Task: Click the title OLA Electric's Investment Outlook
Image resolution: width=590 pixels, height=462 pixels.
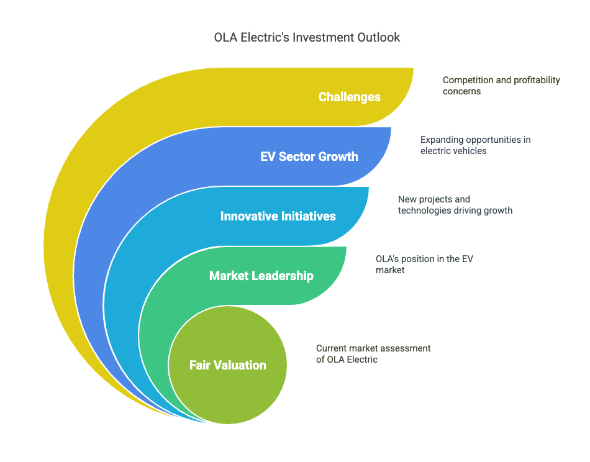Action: click(307, 37)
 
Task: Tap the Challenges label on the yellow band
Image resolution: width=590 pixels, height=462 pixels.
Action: click(349, 97)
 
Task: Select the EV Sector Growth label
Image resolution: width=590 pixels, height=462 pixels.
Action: click(309, 156)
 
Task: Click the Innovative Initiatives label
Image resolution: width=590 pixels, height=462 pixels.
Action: click(278, 216)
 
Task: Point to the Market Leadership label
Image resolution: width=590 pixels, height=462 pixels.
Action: click(261, 276)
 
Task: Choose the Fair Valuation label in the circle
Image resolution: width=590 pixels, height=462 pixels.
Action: click(228, 365)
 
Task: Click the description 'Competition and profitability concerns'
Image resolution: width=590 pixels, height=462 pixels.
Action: click(501, 86)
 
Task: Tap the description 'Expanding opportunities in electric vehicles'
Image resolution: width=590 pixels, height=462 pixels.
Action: click(475, 145)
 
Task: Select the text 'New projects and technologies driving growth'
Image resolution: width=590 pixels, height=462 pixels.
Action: click(455, 205)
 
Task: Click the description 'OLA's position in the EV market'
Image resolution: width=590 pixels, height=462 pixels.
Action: click(424, 264)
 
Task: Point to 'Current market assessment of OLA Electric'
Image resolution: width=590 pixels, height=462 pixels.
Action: click(373, 354)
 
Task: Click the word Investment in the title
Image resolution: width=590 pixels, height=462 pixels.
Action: click(323, 37)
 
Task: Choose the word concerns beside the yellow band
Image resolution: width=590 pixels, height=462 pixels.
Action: click(461, 91)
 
